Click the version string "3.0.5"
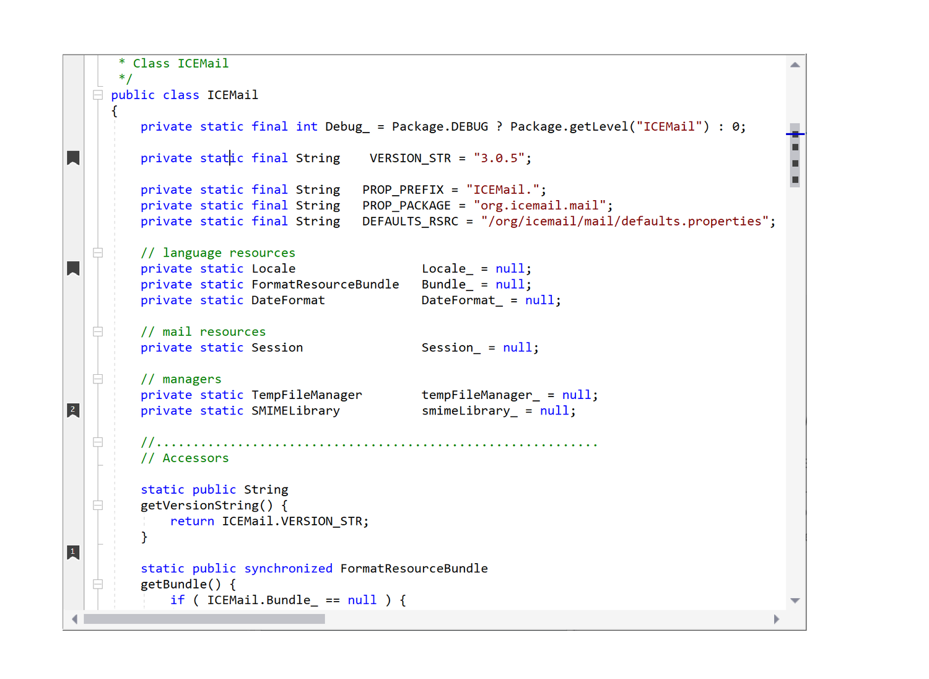click(x=499, y=158)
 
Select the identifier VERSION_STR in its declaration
click(x=410, y=158)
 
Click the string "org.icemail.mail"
click(x=539, y=206)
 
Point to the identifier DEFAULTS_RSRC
click(x=410, y=221)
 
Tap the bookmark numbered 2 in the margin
click(x=73, y=410)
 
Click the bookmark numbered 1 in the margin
click(x=73, y=552)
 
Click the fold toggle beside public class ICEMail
click(x=98, y=95)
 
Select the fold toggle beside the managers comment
click(x=98, y=379)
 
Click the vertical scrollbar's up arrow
click(x=795, y=64)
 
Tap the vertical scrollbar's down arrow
click(x=795, y=600)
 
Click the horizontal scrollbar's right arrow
click(x=777, y=619)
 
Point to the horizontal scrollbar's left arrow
click(x=74, y=619)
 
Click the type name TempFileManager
click(x=307, y=395)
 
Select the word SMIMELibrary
click(x=295, y=411)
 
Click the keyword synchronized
click(x=288, y=569)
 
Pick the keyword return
click(x=192, y=522)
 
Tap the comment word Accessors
click(x=196, y=458)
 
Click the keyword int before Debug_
click(x=307, y=126)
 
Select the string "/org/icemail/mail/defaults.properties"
click(x=624, y=221)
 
